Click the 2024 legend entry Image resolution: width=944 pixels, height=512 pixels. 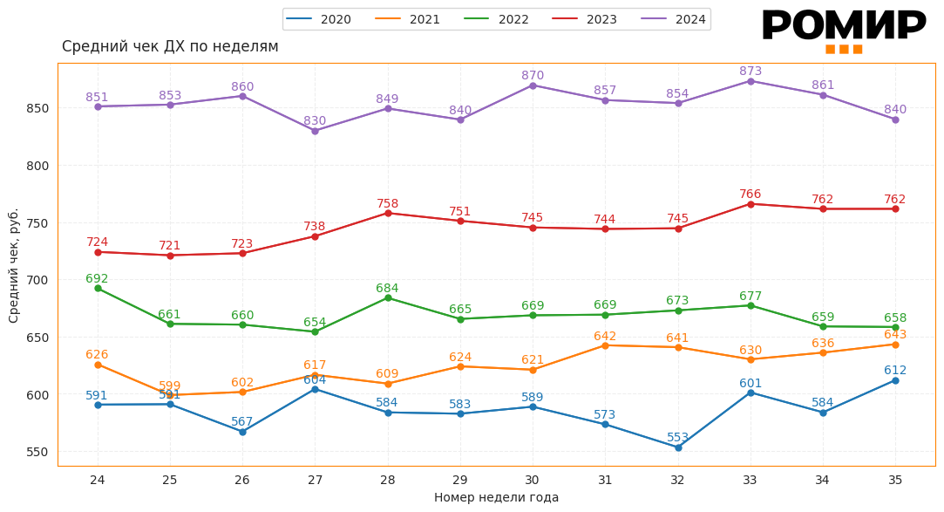673,19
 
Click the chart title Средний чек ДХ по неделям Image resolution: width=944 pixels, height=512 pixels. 170,46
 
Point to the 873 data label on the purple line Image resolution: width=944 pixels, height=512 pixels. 750,71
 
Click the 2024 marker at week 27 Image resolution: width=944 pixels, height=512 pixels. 315,131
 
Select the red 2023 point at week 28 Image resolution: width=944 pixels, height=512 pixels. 388,213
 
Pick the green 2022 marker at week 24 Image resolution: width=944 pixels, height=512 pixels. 98,288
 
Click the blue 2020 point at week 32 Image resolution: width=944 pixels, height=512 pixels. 678,447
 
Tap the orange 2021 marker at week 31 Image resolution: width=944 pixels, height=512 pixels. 605,345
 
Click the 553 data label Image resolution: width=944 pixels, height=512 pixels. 678,437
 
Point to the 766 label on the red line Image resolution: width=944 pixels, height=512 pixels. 750,194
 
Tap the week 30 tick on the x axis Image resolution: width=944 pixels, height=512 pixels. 533,480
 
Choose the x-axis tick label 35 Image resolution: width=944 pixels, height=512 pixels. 895,480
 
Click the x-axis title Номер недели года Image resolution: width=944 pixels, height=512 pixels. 496,497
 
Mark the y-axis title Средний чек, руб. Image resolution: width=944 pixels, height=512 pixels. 14,265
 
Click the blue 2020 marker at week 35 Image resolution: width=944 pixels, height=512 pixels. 895,380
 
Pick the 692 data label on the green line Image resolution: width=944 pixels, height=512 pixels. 97,278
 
